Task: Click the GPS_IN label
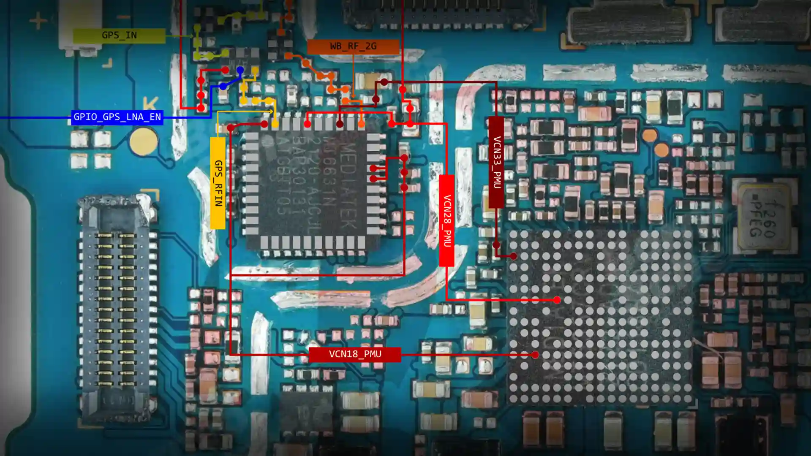119,35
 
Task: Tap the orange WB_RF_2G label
353,46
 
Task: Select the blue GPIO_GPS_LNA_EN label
117,117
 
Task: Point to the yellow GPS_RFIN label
218,183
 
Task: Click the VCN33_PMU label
496,163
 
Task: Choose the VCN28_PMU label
446,220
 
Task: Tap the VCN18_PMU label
355,354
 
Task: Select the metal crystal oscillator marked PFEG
762,217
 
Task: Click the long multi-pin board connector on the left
117,308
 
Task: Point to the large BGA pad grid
600,317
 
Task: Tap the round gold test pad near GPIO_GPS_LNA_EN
143,141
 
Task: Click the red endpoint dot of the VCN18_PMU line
535,355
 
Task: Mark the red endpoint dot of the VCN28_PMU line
557,300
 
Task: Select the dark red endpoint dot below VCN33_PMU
513,256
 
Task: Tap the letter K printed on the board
150,103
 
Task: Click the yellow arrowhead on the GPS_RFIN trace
271,111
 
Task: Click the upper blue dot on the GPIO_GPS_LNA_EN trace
240,70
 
